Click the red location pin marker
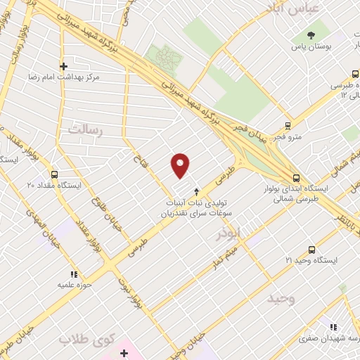[181, 165]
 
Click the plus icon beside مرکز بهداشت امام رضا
[63, 66]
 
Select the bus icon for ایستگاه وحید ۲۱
[312, 250]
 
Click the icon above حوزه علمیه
[72, 274]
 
